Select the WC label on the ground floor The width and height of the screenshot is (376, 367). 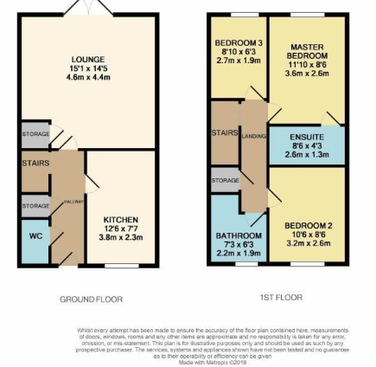click(x=35, y=235)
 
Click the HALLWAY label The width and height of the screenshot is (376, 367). click(x=73, y=201)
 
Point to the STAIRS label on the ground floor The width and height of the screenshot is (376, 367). click(x=35, y=163)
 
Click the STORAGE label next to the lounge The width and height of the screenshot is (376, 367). click(x=35, y=134)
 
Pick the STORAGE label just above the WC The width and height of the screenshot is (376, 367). click(x=35, y=206)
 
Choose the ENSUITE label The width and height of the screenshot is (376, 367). click(x=307, y=137)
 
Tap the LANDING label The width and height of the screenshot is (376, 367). click(x=253, y=135)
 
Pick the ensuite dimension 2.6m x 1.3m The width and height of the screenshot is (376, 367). click(x=307, y=154)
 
